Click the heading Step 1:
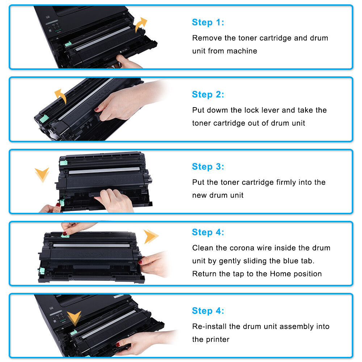point(208,22)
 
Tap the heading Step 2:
point(208,94)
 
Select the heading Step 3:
point(208,167)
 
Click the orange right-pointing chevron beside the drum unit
point(151,236)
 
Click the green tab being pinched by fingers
point(65,235)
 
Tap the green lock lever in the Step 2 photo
point(44,119)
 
